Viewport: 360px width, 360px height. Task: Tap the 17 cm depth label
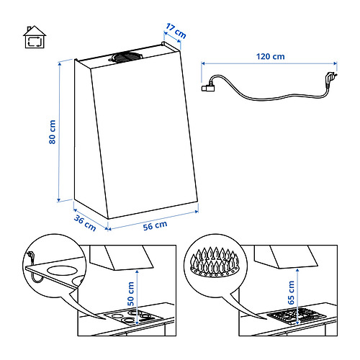click(x=174, y=32)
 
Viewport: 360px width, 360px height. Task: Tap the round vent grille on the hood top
click(x=130, y=55)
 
